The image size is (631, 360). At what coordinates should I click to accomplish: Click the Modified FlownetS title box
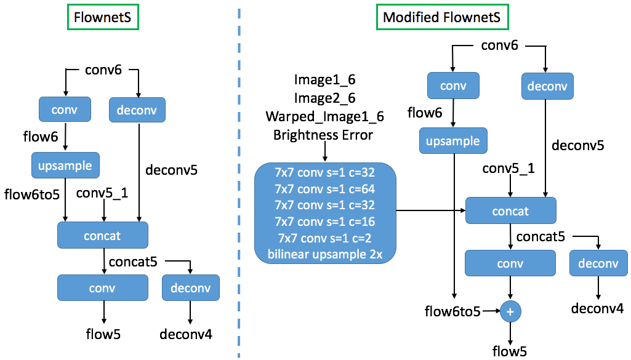[442, 17]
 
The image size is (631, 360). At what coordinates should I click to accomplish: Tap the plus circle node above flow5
[510, 312]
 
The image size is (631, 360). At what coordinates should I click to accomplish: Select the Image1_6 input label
[324, 80]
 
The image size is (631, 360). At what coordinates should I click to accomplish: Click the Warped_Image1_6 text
[324, 117]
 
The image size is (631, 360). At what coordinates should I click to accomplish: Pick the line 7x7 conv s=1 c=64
[324, 189]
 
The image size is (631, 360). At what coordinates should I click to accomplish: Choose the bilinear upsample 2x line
[324, 253]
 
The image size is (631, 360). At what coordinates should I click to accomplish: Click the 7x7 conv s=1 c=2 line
[324, 237]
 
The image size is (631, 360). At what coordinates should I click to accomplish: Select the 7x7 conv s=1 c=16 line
[324, 221]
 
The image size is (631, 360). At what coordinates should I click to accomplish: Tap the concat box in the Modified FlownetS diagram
[510, 211]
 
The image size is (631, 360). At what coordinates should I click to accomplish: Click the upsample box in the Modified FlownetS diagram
[453, 141]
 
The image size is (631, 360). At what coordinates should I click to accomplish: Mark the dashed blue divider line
[238, 185]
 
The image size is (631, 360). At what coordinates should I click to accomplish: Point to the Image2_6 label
[324, 98]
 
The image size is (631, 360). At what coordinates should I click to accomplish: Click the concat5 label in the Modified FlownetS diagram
[541, 236]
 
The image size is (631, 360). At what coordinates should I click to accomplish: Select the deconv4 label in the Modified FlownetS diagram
[597, 308]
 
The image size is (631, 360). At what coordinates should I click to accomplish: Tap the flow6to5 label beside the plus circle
[452, 312]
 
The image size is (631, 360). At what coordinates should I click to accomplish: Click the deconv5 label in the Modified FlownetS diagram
[577, 146]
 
